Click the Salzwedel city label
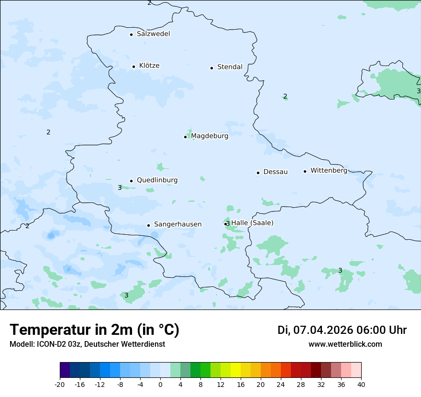point(153,34)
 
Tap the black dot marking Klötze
point(133,66)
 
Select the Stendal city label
point(230,67)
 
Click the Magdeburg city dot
point(185,137)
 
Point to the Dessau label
point(276,172)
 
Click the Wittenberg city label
point(329,170)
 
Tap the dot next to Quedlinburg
point(131,181)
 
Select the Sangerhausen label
point(177,224)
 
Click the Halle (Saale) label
point(252,222)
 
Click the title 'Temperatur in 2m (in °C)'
point(94,330)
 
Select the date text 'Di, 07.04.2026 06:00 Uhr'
point(342,330)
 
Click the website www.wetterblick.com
point(345,344)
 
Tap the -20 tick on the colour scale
point(60,384)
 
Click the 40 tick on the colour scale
point(361,384)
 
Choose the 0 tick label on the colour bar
point(160,384)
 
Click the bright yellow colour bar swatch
point(235,370)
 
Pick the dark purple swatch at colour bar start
point(65,370)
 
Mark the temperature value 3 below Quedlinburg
point(120,188)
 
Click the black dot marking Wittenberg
point(305,171)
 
